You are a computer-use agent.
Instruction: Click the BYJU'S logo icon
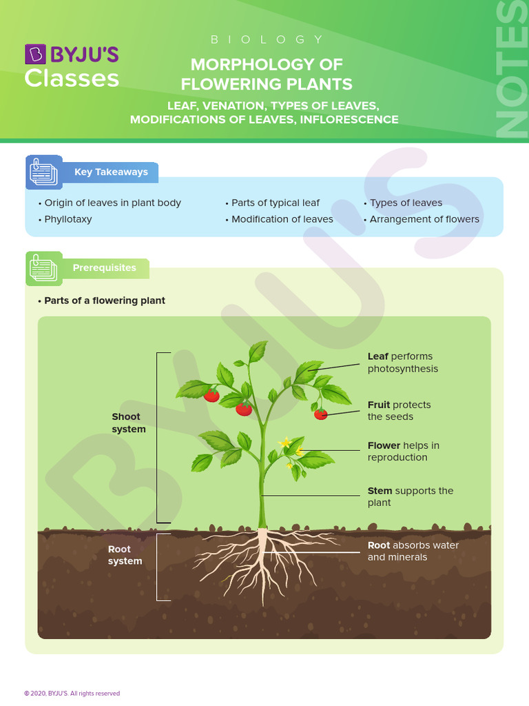(34, 54)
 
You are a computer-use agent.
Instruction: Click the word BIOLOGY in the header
(267, 39)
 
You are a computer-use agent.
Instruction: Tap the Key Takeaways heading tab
(111, 172)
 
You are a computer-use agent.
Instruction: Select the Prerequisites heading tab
(104, 268)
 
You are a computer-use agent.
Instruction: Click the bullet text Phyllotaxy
(68, 219)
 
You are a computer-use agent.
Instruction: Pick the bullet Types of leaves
(406, 203)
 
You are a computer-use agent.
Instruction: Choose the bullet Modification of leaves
(282, 219)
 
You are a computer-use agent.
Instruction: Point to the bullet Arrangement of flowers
(424, 219)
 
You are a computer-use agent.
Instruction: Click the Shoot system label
(129, 423)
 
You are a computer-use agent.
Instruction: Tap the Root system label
(125, 555)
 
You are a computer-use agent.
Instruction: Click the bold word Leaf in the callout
(377, 356)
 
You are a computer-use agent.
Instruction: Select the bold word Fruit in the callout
(379, 405)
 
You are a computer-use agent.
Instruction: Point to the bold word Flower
(384, 445)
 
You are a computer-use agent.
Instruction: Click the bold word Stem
(380, 491)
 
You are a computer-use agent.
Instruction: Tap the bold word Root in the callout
(379, 545)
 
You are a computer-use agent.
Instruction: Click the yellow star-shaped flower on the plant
(284, 442)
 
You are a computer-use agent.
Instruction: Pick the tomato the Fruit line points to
(321, 414)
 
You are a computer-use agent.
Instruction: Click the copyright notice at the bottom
(72, 694)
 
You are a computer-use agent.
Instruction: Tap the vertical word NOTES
(512, 69)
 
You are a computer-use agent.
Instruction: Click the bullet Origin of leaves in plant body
(112, 203)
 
